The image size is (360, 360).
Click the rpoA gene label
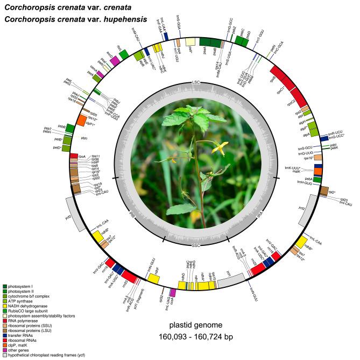point(82,156)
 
